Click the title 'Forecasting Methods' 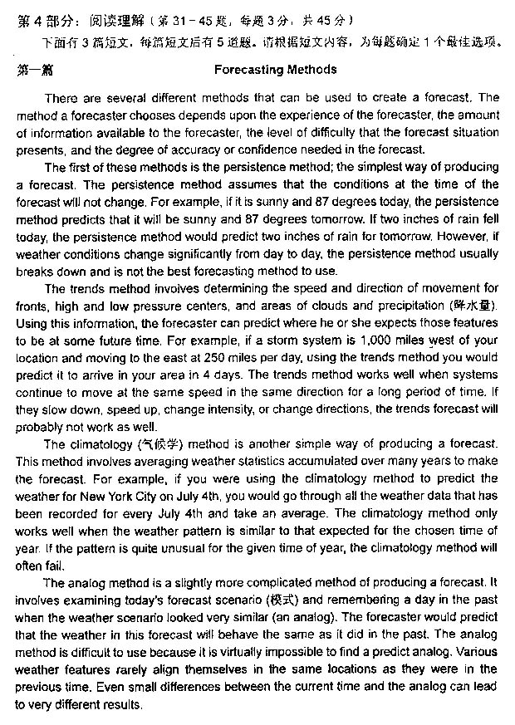coord(275,70)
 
